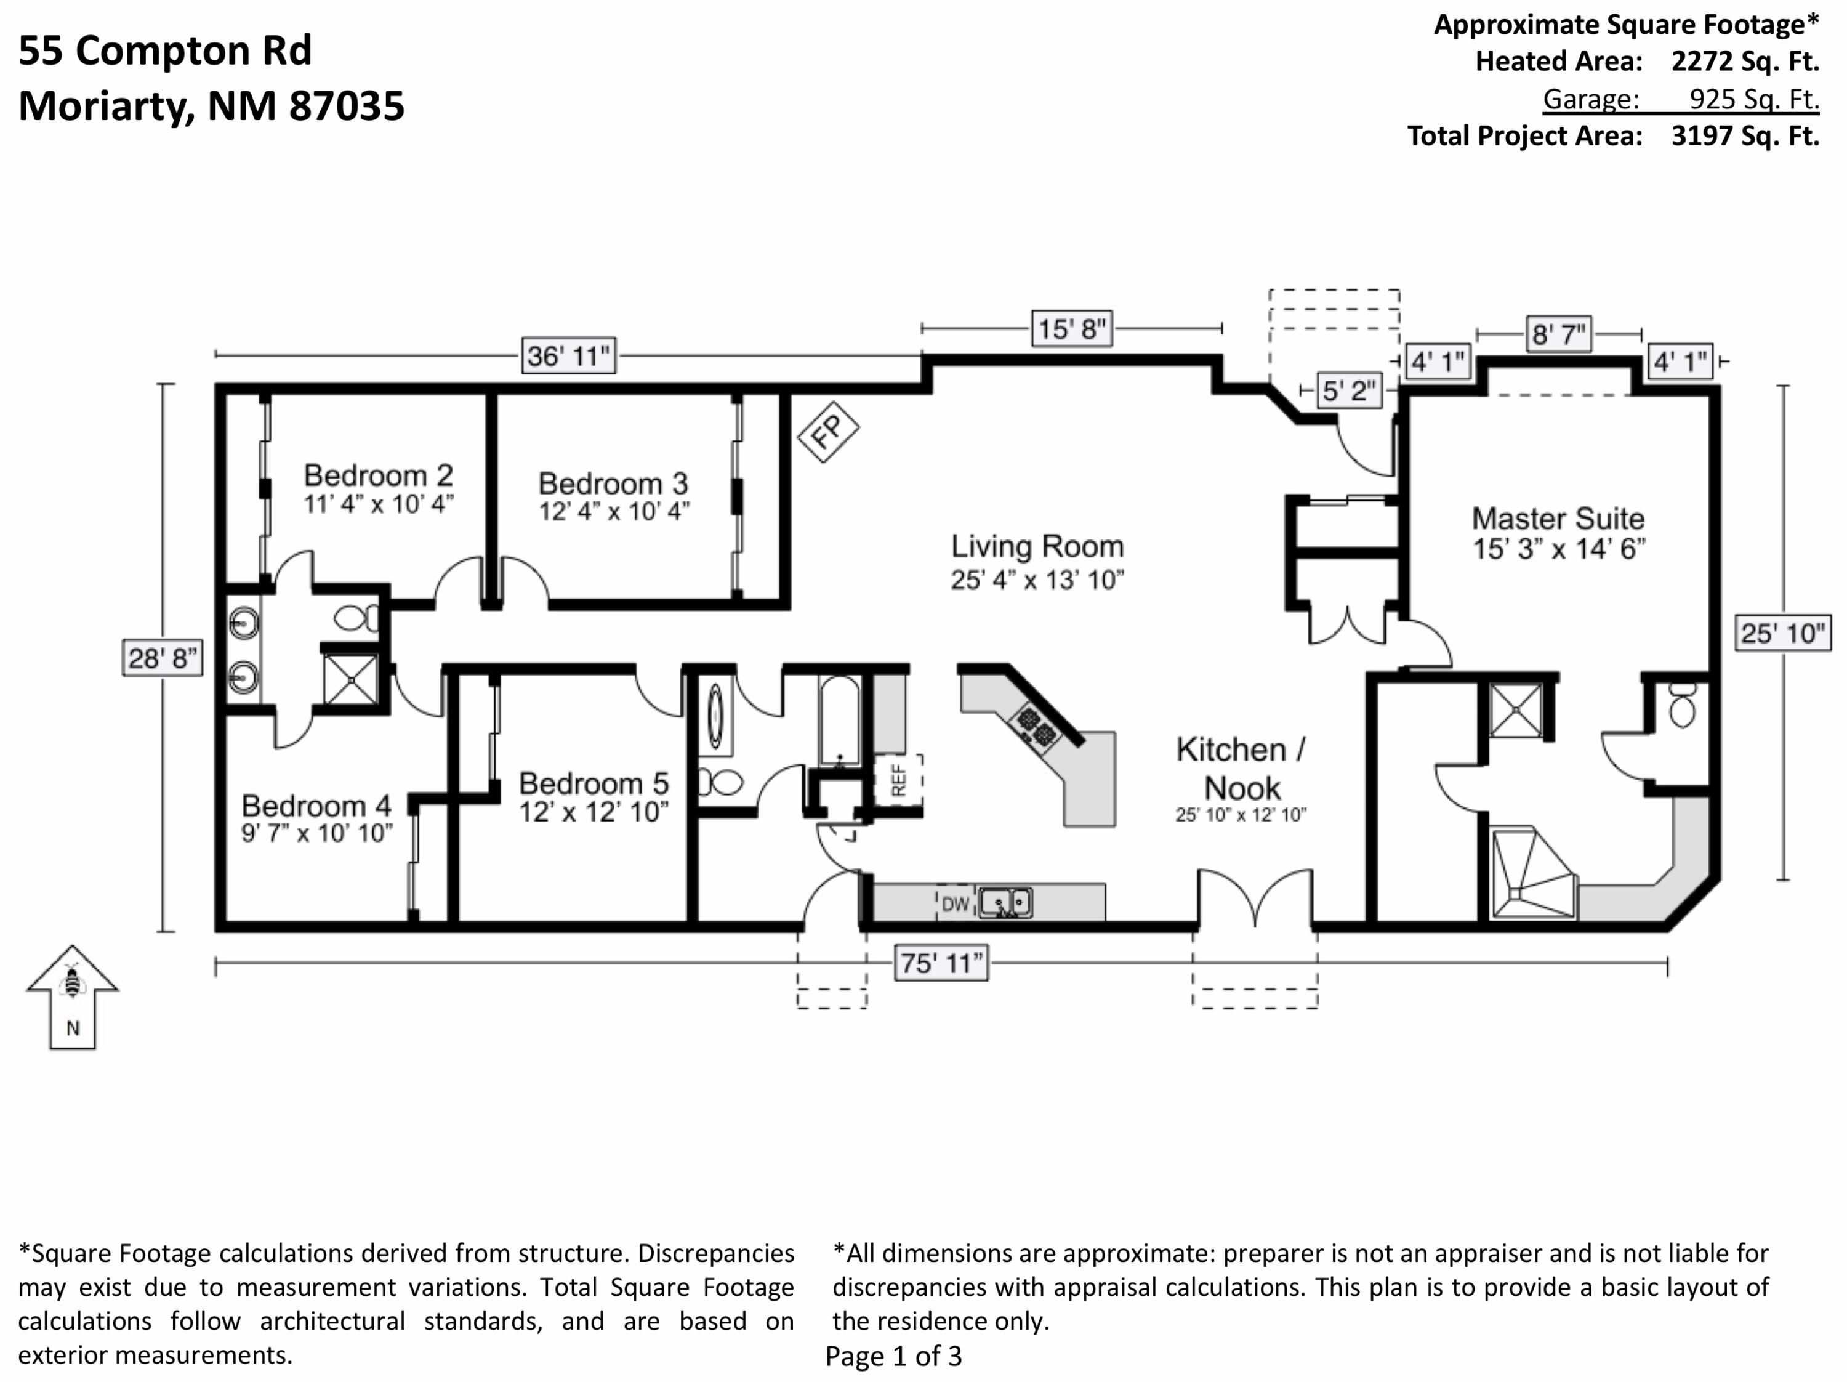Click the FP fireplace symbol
pos(827,432)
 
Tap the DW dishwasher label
pos(956,903)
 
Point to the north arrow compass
pos(73,996)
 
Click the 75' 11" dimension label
pos(941,964)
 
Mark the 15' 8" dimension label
pos(1072,328)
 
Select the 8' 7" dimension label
pos(1558,334)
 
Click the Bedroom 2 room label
pos(378,475)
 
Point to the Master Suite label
pos(1558,519)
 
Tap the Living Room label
pos(1037,546)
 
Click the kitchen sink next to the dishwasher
pos(1005,903)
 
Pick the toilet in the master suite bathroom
pos(1683,706)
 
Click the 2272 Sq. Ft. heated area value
pos(1745,61)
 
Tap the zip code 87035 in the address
pos(347,106)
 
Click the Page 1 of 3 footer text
pos(893,1356)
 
